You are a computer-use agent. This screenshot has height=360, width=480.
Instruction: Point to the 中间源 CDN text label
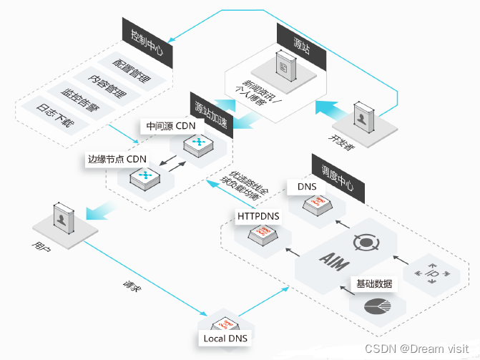(x=170, y=127)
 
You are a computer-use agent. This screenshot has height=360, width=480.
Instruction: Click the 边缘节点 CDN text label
(x=117, y=158)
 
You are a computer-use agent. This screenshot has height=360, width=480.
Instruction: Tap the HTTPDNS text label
(x=259, y=215)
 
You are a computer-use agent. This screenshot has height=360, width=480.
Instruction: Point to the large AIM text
(x=335, y=258)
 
